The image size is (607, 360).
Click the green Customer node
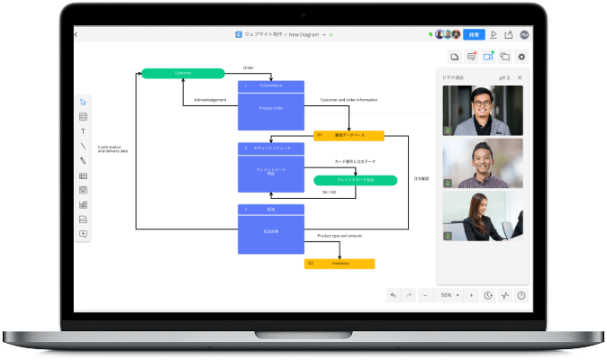[x=183, y=73]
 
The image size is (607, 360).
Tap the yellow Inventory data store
[x=340, y=264]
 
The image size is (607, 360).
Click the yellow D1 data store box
[x=349, y=136]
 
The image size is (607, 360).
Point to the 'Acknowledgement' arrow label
[x=210, y=100]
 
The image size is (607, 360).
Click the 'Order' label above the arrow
[x=249, y=67]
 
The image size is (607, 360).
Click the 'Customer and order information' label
[x=349, y=100]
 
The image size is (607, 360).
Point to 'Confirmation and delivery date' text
[x=113, y=148]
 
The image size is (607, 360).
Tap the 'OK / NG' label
[x=330, y=192]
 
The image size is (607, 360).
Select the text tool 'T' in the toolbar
[x=83, y=131]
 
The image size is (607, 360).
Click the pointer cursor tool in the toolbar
[x=83, y=102]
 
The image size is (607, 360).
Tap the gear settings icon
[x=521, y=57]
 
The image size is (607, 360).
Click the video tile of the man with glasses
[x=483, y=112]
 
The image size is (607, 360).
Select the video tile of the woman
[x=483, y=217]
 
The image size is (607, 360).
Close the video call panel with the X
[x=520, y=78]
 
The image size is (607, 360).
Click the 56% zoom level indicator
[x=446, y=295]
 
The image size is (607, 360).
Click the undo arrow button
[x=393, y=295]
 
